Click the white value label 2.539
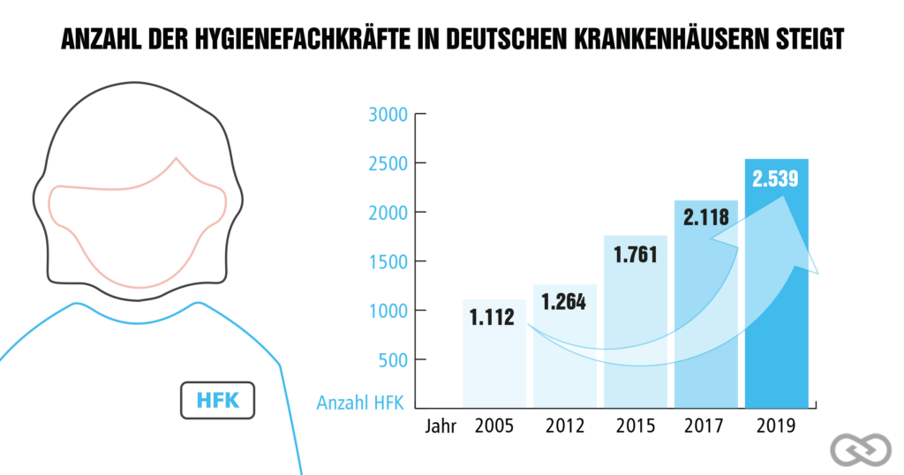(775, 178)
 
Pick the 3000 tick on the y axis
(384, 115)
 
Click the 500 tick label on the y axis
(388, 360)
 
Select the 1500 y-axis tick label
(384, 262)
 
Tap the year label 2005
(494, 426)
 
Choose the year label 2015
(636, 426)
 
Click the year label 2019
(777, 426)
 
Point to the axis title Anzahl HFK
(359, 404)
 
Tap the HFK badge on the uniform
(216, 400)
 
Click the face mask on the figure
(138, 230)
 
